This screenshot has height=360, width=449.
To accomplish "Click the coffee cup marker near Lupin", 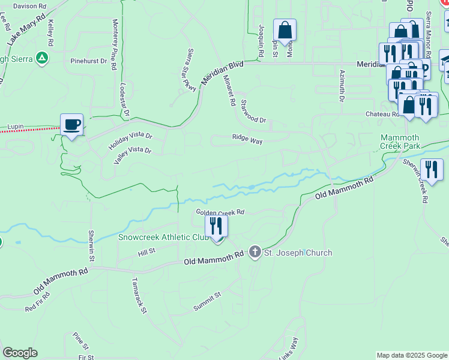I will tap(71, 125).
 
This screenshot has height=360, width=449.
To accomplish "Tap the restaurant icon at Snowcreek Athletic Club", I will tap(216, 226).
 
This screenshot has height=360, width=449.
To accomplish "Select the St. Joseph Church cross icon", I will tap(255, 252).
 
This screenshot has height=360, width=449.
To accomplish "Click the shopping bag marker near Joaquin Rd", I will tap(285, 29).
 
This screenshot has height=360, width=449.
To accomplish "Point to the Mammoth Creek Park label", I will tap(408, 142).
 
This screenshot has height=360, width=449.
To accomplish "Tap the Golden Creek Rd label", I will tap(220, 212).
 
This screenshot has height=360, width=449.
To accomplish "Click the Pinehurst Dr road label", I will tap(88, 61).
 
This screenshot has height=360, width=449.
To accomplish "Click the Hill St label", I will tap(147, 251).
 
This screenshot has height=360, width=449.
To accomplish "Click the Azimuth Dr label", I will tap(341, 83).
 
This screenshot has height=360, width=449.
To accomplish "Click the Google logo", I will tap(20, 353).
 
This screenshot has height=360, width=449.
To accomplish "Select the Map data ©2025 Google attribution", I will tap(411, 355).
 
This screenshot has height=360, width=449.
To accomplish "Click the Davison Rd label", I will tap(29, 6).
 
